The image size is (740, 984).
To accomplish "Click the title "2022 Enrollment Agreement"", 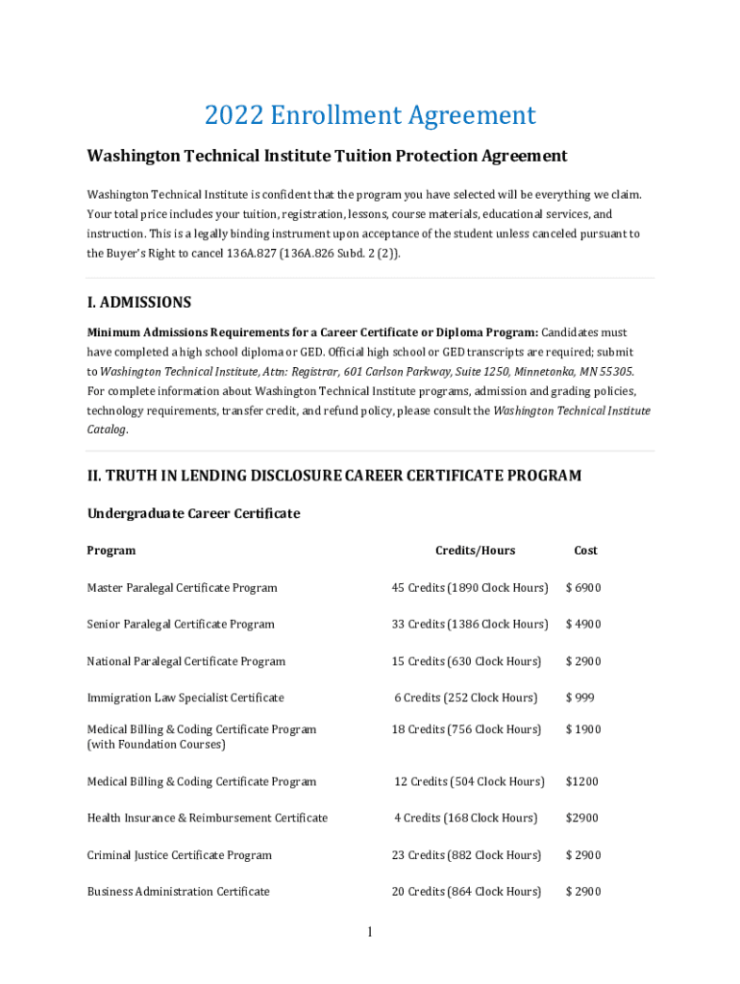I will pyautogui.click(x=370, y=116).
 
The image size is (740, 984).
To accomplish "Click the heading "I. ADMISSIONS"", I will pyautogui.click(x=139, y=303).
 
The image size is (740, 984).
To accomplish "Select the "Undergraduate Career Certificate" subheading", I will pyautogui.click(x=193, y=514).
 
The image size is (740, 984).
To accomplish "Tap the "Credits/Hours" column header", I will pyautogui.click(x=475, y=551).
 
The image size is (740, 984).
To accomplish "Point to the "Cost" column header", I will pyautogui.click(x=585, y=551).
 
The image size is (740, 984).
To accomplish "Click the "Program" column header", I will pyautogui.click(x=111, y=551).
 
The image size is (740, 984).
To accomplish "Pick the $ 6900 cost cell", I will pyautogui.click(x=583, y=588).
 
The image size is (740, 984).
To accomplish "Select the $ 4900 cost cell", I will pyautogui.click(x=583, y=625).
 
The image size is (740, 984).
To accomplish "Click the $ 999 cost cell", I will pyautogui.click(x=580, y=698).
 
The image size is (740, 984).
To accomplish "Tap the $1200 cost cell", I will pyautogui.click(x=581, y=782).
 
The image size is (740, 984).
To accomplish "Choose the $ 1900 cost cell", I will pyautogui.click(x=583, y=729).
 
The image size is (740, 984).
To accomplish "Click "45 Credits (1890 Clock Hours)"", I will pyautogui.click(x=469, y=588).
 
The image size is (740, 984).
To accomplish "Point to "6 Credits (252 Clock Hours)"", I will pyautogui.click(x=465, y=698).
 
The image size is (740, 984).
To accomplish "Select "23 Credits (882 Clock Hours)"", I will pyautogui.click(x=466, y=855).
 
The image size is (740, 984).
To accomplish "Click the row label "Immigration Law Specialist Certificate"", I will pyautogui.click(x=185, y=698).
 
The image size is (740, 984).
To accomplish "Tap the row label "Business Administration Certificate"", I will pyautogui.click(x=179, y=892).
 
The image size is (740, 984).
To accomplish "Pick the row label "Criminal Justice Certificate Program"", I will pyautogui.click(x=180, y=855).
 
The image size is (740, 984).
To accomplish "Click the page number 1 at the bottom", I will pyautogui.click(x=370, y=932).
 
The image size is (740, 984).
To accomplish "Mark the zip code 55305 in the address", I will pyautogui.click(x=615, y=372).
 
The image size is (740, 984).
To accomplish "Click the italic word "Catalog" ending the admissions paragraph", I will pyautogui.click(x=107, y=430).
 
